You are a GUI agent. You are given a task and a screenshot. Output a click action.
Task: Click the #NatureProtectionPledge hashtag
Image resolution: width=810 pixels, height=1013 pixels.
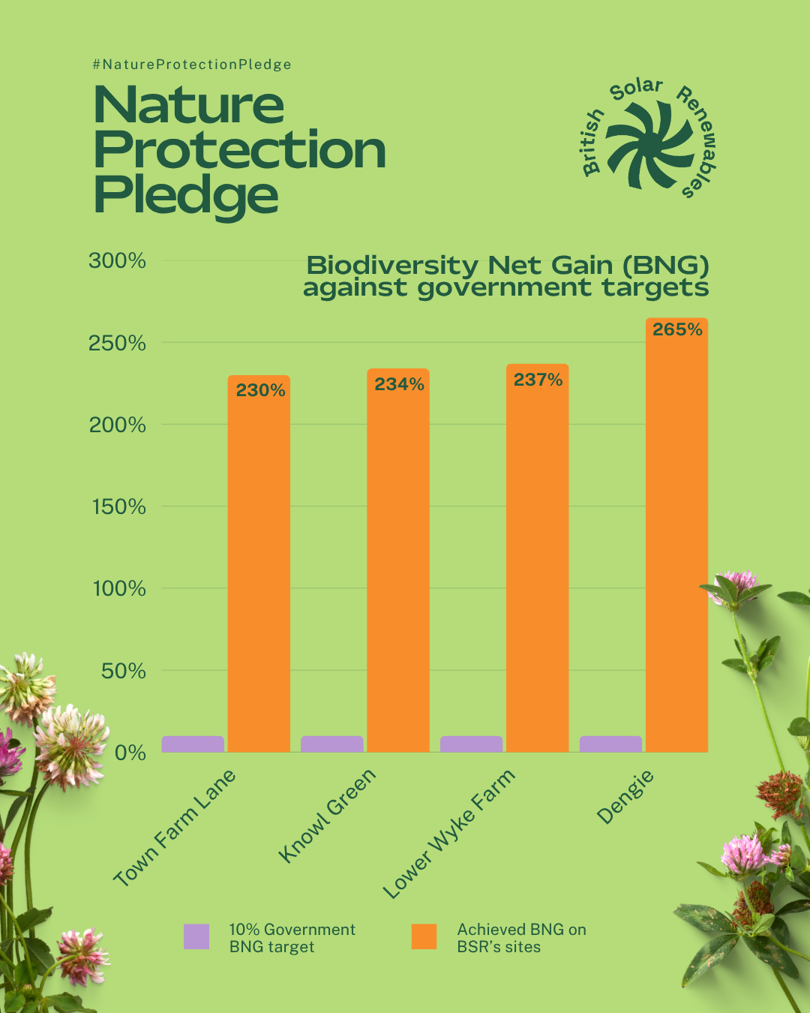[192, 65]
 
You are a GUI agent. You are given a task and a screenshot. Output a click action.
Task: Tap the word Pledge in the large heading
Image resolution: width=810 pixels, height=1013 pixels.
[185, 195]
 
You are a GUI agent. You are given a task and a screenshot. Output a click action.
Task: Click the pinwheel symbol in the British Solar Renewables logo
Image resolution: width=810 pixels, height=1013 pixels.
[649, 145]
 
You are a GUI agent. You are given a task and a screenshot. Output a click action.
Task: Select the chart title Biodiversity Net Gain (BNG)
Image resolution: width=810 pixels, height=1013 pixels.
[507, 266]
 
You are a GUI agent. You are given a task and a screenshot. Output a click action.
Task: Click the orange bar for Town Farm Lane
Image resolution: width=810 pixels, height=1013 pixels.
[259, 570]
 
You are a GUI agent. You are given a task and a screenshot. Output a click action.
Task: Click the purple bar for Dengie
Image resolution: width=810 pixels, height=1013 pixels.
[610, 744]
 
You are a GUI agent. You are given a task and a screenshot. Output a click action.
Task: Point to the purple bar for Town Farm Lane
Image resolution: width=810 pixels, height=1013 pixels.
[193, 744]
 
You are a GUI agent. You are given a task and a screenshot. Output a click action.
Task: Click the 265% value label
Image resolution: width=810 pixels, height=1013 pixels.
[677, 329]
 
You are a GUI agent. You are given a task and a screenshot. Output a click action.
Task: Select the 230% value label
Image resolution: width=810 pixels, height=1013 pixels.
[260, 390]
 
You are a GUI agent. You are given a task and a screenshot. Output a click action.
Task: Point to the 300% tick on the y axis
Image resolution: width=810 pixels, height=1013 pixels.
[117, 261]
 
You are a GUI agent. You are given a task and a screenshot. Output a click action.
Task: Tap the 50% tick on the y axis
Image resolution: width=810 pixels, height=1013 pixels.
[123, 671]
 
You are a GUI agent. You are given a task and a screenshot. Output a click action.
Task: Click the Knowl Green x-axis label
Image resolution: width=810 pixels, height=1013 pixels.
[327, 816]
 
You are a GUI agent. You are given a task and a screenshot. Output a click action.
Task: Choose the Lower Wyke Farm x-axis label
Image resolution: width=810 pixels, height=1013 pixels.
[448, 834]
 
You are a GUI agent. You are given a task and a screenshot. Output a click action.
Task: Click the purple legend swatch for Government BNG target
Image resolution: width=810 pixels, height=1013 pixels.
[196, 936]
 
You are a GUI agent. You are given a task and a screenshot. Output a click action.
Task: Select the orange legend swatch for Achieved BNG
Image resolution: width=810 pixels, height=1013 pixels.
[424, 936]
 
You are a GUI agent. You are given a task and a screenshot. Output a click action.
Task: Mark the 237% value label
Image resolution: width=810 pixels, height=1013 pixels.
[538, 380]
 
